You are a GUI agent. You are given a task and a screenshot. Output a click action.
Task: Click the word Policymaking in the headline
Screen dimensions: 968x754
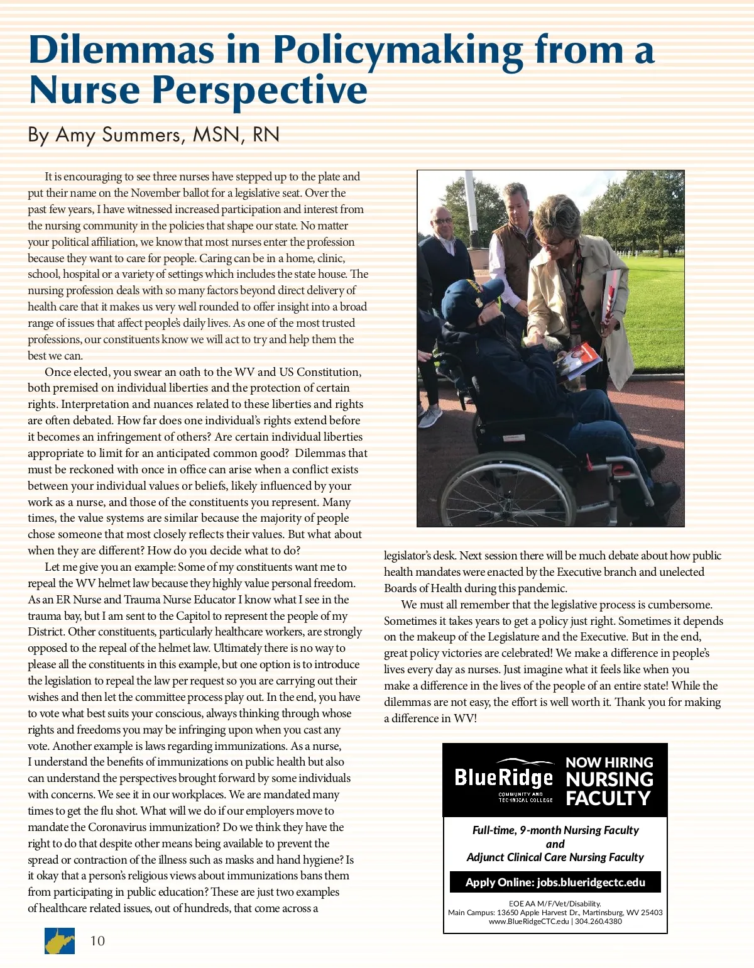coord(398,50)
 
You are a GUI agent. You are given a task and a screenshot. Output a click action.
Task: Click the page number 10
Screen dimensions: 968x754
coord(97,941)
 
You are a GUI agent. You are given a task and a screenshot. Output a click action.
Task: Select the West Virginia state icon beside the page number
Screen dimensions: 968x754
coord(60,941)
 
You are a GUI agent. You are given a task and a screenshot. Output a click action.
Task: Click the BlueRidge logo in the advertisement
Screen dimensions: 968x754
coord(504,779)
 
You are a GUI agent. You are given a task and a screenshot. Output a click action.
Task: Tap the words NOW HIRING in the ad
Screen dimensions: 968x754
coord(609,762)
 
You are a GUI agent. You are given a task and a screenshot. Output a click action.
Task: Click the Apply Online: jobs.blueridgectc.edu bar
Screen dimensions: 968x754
coord(555,883)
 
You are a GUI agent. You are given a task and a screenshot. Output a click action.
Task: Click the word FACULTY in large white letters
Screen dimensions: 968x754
coord(608,798)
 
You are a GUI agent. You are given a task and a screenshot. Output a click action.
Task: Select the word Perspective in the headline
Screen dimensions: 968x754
coord(260,90)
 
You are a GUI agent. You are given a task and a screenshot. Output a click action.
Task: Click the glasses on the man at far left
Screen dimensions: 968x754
coord(442,221)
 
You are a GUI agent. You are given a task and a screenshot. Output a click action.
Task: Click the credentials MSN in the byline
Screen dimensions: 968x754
coord(218,135)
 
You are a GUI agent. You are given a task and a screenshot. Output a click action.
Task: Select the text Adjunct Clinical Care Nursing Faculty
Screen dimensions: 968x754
coord(555,857)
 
